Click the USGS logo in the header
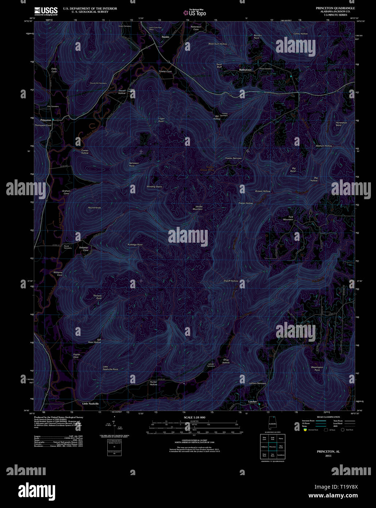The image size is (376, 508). [x=46, y=11]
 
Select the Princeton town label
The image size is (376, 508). [x=46, y=120]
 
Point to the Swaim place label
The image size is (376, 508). [x=165, y=37]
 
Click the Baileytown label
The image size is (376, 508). [x=245, y=69]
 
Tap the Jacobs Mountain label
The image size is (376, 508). [x=197, y=208]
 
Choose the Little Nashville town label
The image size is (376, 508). [x=91, y=403]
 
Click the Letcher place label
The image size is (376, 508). [x=253, y=402]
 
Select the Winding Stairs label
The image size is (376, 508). [x=154, y=187]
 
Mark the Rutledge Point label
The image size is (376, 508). [x=135, y=244]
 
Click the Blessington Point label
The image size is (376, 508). [x=317, y=368]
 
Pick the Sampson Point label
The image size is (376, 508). [x=134, y=164]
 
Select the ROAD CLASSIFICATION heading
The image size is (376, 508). [x=328, y=417]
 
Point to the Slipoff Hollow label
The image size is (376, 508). [x=231, y=281]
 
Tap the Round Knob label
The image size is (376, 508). [x=94, y=208]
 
